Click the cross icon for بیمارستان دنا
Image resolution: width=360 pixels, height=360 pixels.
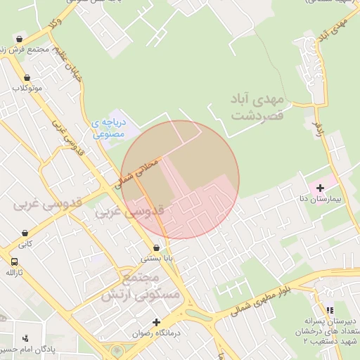coord(321,188)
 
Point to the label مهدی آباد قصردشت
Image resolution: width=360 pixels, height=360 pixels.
coord(256,107)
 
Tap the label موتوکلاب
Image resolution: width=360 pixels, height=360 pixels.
coord(27,89)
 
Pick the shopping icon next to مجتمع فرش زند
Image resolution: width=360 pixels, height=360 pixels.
coord(18,39)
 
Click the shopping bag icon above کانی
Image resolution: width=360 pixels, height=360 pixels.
coord(25,233)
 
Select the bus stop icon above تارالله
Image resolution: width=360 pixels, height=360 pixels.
coord(13,262)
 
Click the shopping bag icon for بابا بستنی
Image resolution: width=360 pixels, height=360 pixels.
coord(156,247)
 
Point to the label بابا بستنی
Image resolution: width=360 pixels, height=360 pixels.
coord(156,258)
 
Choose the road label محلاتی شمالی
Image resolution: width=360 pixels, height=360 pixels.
coord(138,171)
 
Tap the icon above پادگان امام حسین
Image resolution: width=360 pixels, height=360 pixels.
coord(26,338)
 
